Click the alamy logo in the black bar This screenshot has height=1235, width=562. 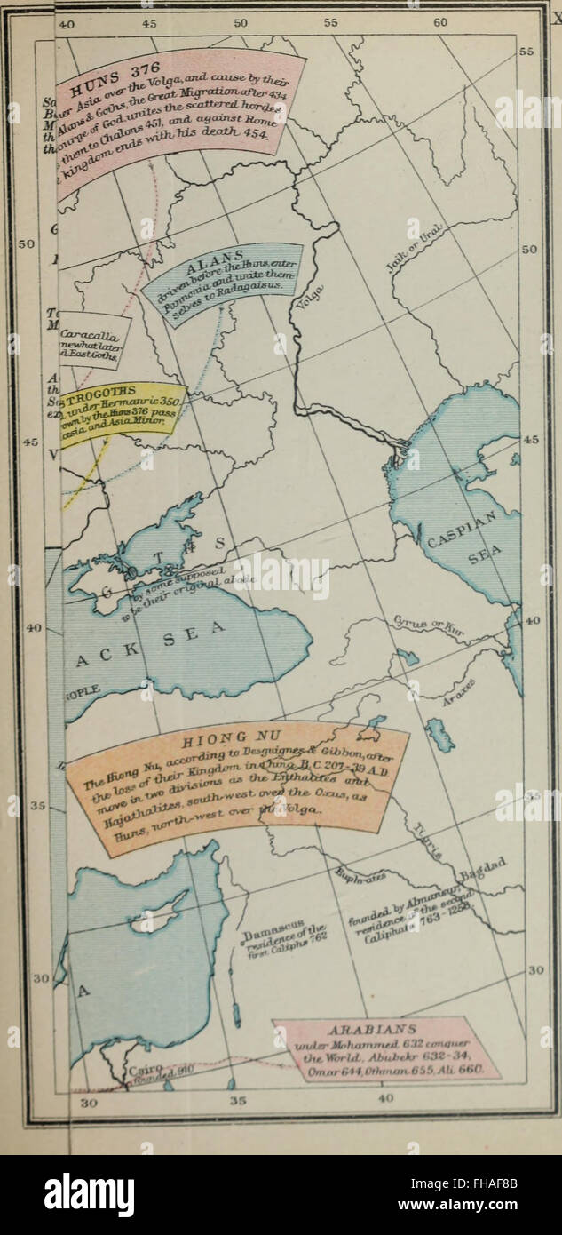pos(89,1194)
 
